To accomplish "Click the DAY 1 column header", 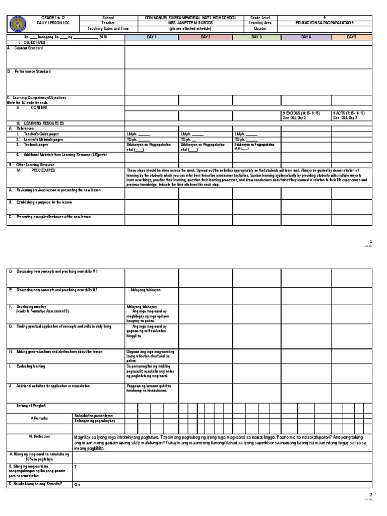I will (x=152, y=37).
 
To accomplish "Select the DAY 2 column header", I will (x=205, y=37).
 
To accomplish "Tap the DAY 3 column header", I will (x=256, y=37).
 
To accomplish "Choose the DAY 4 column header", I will (x=306, y=37).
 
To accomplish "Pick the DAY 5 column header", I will (x=351, y=37).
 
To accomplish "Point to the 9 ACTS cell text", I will (x=349, y=113).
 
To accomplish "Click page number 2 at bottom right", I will (x=370, y=495).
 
